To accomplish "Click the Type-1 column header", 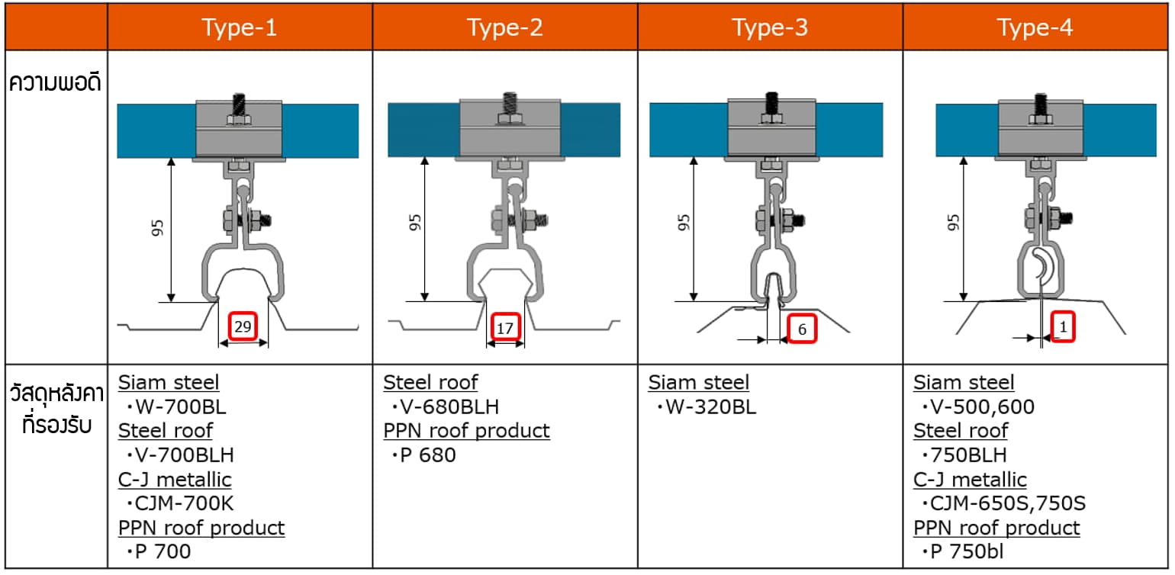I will pyautogui.click(x=240, y=27).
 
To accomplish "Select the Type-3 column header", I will pyautogui.click(x=770, y=27).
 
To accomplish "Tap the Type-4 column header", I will pyautogui.click(x=1035, y=27).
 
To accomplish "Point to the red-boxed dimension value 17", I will pyautogui.click(x=504, y=327).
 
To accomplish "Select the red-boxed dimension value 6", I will pyautogui.click(x=801, y=329).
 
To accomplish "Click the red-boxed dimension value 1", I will pyautogui.click(x=1063, y=327).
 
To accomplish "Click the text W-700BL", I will pyautogui.click(x=177, y=406).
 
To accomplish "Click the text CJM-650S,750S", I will pyautogui.click(x=1005, y=503).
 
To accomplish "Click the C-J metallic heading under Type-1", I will pyautogui.click(x=175, y=479).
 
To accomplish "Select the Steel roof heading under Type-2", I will pyautogui.click(x=430, y=382).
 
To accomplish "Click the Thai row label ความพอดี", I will pyautogui.click(x=55, y=82).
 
